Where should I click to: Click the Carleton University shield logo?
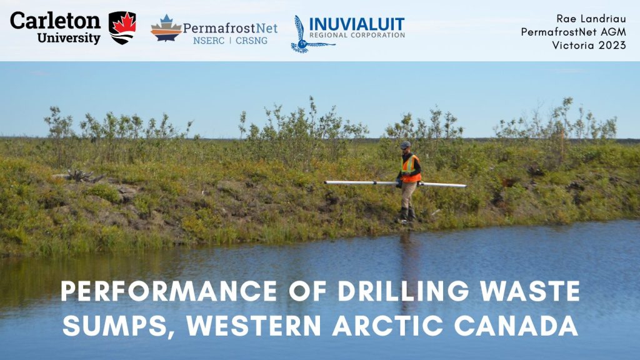click(122, 27)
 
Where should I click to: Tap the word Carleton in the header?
click(55, 21)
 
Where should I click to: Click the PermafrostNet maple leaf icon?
click(166, 28)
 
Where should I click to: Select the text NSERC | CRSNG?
click(230, 41)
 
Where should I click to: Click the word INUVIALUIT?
click(357, 24)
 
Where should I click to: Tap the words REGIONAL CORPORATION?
click(357, 35)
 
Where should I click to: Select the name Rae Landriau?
click(591, 19)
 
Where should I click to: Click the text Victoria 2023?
click(589, 45)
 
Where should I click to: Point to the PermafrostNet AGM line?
click(574, 32)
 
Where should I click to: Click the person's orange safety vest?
click(411, 169)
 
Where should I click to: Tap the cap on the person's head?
click(405, 144)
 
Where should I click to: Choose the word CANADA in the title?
click(516, 326)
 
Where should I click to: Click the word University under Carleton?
click(69, 38)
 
